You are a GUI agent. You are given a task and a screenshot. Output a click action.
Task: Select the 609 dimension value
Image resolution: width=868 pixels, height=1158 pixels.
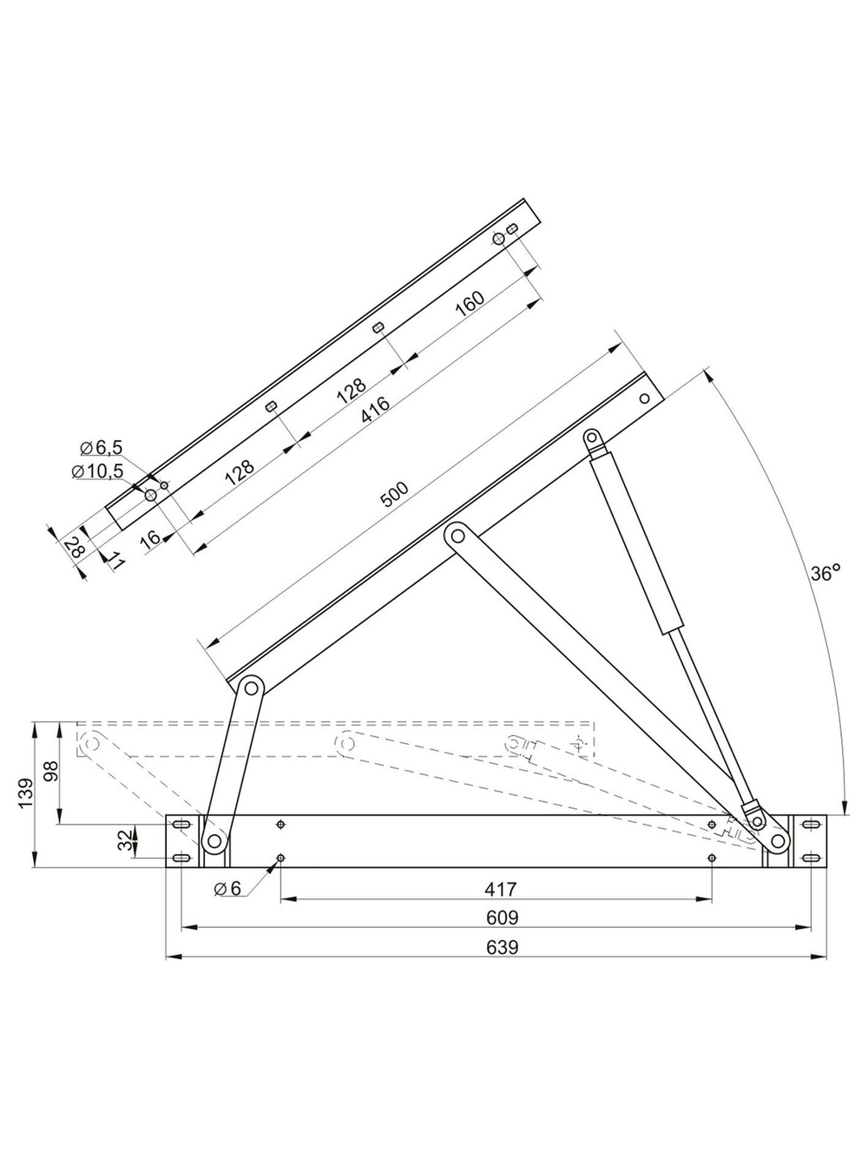502,918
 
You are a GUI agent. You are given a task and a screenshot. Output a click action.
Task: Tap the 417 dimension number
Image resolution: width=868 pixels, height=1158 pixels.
501,889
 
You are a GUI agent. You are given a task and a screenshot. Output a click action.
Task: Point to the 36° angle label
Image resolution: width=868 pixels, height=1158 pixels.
825,573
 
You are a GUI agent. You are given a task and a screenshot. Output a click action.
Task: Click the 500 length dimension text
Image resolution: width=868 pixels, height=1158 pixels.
395,494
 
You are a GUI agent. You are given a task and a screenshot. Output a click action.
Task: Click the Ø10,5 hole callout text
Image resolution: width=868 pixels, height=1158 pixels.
97,471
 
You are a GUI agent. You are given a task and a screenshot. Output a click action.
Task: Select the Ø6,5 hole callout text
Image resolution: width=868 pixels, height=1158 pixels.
101,448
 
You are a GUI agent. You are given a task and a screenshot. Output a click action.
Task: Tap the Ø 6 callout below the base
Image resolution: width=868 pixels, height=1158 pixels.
227,888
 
